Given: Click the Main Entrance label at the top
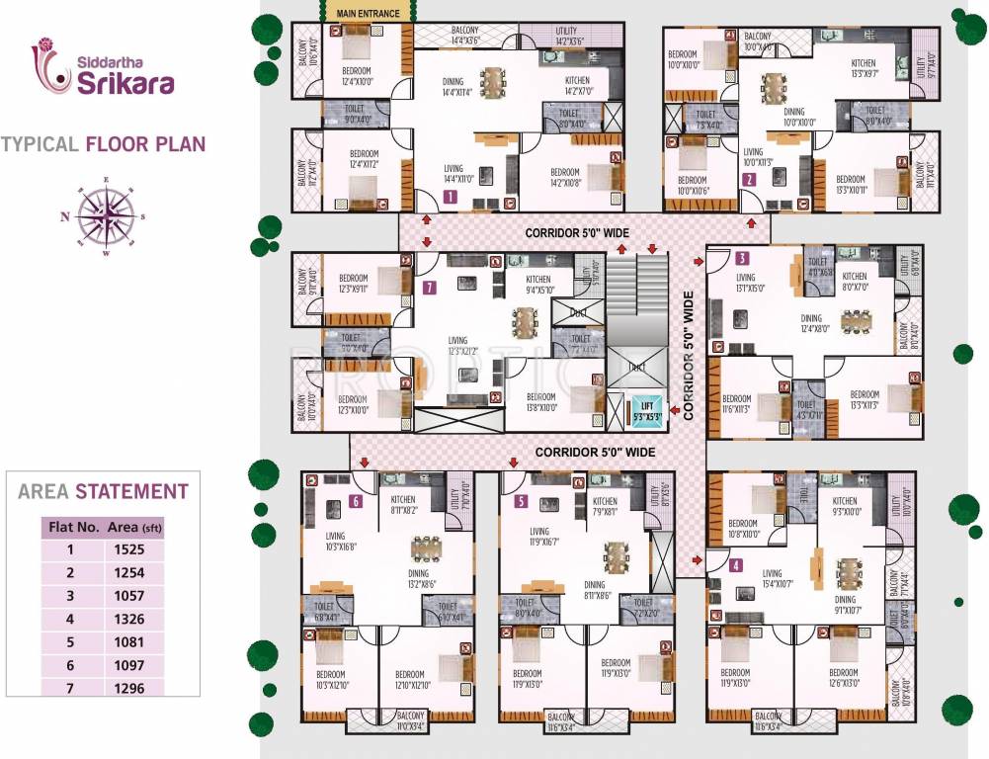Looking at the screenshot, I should click(x=368, y=14).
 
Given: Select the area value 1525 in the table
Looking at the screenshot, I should click(x=127, y=549).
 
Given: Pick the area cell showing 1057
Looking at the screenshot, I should click(x=127, y=596).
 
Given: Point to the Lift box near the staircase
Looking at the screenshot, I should click(x=646, y=410).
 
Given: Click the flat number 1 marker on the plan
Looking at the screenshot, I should click(x=451, y=198).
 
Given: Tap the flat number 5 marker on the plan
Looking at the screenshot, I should click(x=521, y=501).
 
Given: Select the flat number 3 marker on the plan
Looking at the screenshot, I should click(x=742, y=259).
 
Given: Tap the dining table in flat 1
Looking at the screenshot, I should click(x=491, y=79).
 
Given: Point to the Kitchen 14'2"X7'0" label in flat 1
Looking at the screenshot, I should click(x=577, y=85).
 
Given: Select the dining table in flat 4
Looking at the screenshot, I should click(x=849, y=572).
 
